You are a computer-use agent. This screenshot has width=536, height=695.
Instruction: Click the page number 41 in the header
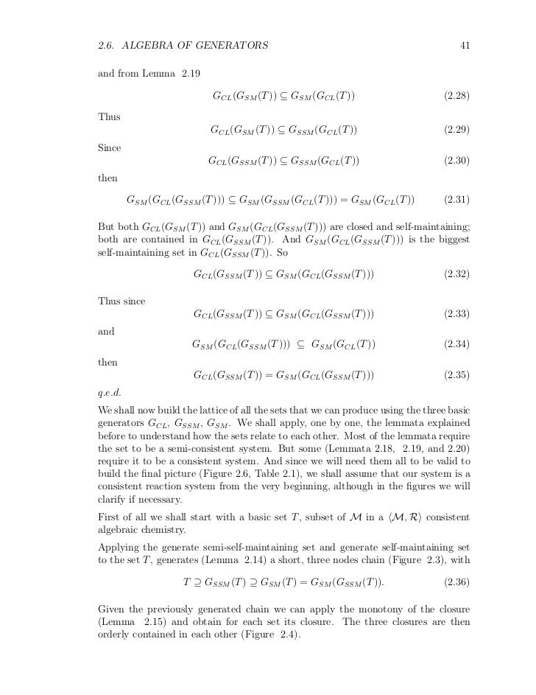pos(465,46)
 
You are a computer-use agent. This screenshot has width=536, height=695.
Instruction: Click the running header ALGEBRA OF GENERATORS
pos(194,46)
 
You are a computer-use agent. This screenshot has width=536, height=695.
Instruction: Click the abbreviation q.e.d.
pos(109,392)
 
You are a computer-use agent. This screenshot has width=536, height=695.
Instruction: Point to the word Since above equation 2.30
pos(109,147)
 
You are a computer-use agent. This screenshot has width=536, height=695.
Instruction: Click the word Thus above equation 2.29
pos(108,116)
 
